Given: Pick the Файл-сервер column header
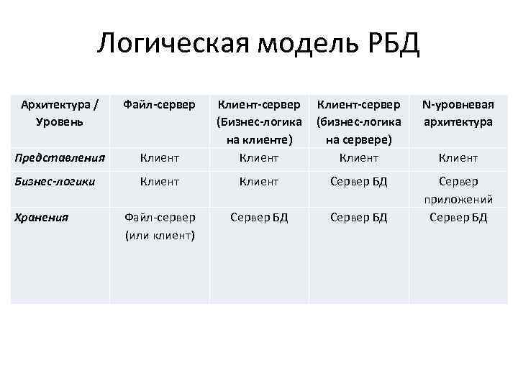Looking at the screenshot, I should pos(159,106).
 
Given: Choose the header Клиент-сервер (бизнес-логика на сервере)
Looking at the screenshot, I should pos(358,121).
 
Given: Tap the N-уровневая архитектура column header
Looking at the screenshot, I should pos(458,114).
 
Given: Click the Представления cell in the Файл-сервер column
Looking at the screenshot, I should pos(159,158).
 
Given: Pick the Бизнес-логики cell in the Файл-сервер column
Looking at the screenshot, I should pos(159,182).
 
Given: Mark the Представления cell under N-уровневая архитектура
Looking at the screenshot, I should pos(458,158).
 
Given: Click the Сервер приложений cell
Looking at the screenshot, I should pos(458,190).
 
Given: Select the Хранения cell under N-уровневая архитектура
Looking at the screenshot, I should pos(458,216).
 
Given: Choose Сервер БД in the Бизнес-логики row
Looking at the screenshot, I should pos(358,182).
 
